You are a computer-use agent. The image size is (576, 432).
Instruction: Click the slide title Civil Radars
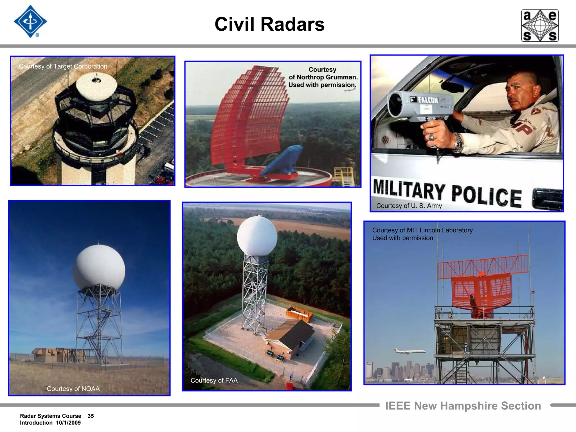point(269,24)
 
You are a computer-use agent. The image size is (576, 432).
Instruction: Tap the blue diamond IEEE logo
point(30,22)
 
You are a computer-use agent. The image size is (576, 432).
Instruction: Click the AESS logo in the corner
point(540,26)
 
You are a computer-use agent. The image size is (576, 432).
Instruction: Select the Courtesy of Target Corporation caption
point(63,66)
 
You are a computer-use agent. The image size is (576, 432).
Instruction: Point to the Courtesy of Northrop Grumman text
point(323,77)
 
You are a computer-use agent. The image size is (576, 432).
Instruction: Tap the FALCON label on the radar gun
point(427,100)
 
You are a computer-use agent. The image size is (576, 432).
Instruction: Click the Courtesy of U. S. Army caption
point(409,206)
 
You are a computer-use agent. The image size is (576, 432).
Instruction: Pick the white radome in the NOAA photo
point(99,267)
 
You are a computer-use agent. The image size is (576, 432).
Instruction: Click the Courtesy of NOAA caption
point(73,389)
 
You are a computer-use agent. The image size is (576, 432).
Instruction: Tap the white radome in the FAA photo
point(257,236)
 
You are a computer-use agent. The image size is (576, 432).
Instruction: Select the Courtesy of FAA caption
point(214,381)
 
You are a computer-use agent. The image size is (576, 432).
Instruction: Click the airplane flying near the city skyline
point(409,351)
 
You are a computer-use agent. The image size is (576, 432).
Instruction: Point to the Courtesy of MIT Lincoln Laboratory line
point(422,230)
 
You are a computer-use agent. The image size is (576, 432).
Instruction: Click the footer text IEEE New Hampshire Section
point(463,406)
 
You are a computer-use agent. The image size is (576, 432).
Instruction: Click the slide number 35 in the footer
point(91,416)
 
